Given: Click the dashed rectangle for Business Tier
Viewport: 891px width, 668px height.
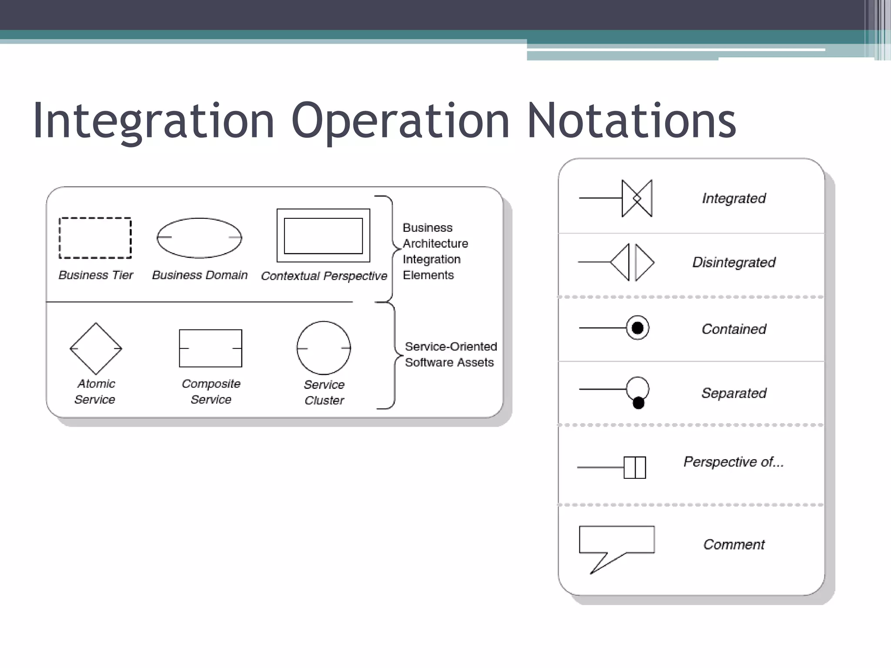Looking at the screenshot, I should [95, 238].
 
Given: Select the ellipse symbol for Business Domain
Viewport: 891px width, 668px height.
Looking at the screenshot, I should [199, 237].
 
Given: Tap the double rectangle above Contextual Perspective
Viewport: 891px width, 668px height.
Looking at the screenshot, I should [323, 235].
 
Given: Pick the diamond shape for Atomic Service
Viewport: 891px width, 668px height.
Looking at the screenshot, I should [96, 348].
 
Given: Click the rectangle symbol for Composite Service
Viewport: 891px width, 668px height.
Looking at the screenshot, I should [211, 348].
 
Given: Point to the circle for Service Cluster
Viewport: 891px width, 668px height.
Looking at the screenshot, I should [324, 348].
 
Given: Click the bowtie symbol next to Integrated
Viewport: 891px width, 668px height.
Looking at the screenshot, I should [637, 198].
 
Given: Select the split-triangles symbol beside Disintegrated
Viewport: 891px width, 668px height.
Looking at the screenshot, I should [632, 262].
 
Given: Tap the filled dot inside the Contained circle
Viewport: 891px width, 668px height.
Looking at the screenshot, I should [637, 328].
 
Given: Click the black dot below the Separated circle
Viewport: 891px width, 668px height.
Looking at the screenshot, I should [638, 404].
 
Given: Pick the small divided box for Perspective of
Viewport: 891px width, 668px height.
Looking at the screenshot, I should [635, 468].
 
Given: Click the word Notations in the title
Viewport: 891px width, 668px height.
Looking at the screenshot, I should [632, 120].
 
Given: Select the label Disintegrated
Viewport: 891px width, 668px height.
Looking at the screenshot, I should [734, 262].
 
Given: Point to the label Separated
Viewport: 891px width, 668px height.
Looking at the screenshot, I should [734, 393].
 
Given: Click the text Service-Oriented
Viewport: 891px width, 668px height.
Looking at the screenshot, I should [451, 347].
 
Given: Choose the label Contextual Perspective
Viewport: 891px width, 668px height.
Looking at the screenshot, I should [324, 276].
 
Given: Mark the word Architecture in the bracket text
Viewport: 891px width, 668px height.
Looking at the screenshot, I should [435, 244].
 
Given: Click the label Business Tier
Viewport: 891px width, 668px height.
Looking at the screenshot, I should [96, 275].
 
